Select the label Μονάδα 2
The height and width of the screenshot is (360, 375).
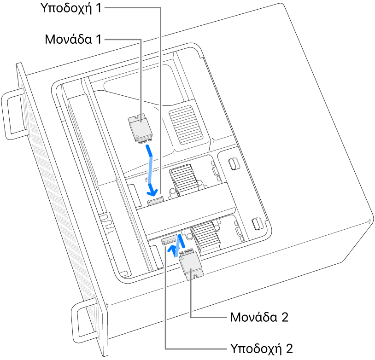(258, 317)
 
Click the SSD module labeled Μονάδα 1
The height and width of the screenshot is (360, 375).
(140, 128)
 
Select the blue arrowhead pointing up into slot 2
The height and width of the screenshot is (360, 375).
(173, 250)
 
